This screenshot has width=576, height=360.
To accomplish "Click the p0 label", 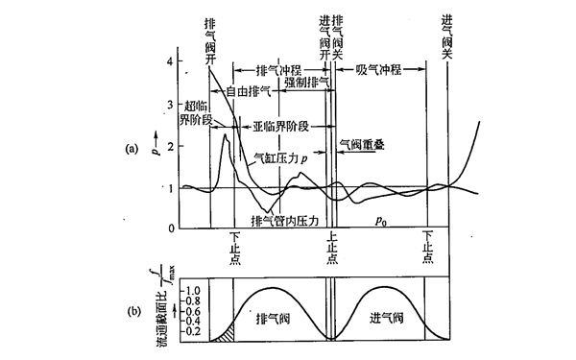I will point(382,220).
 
